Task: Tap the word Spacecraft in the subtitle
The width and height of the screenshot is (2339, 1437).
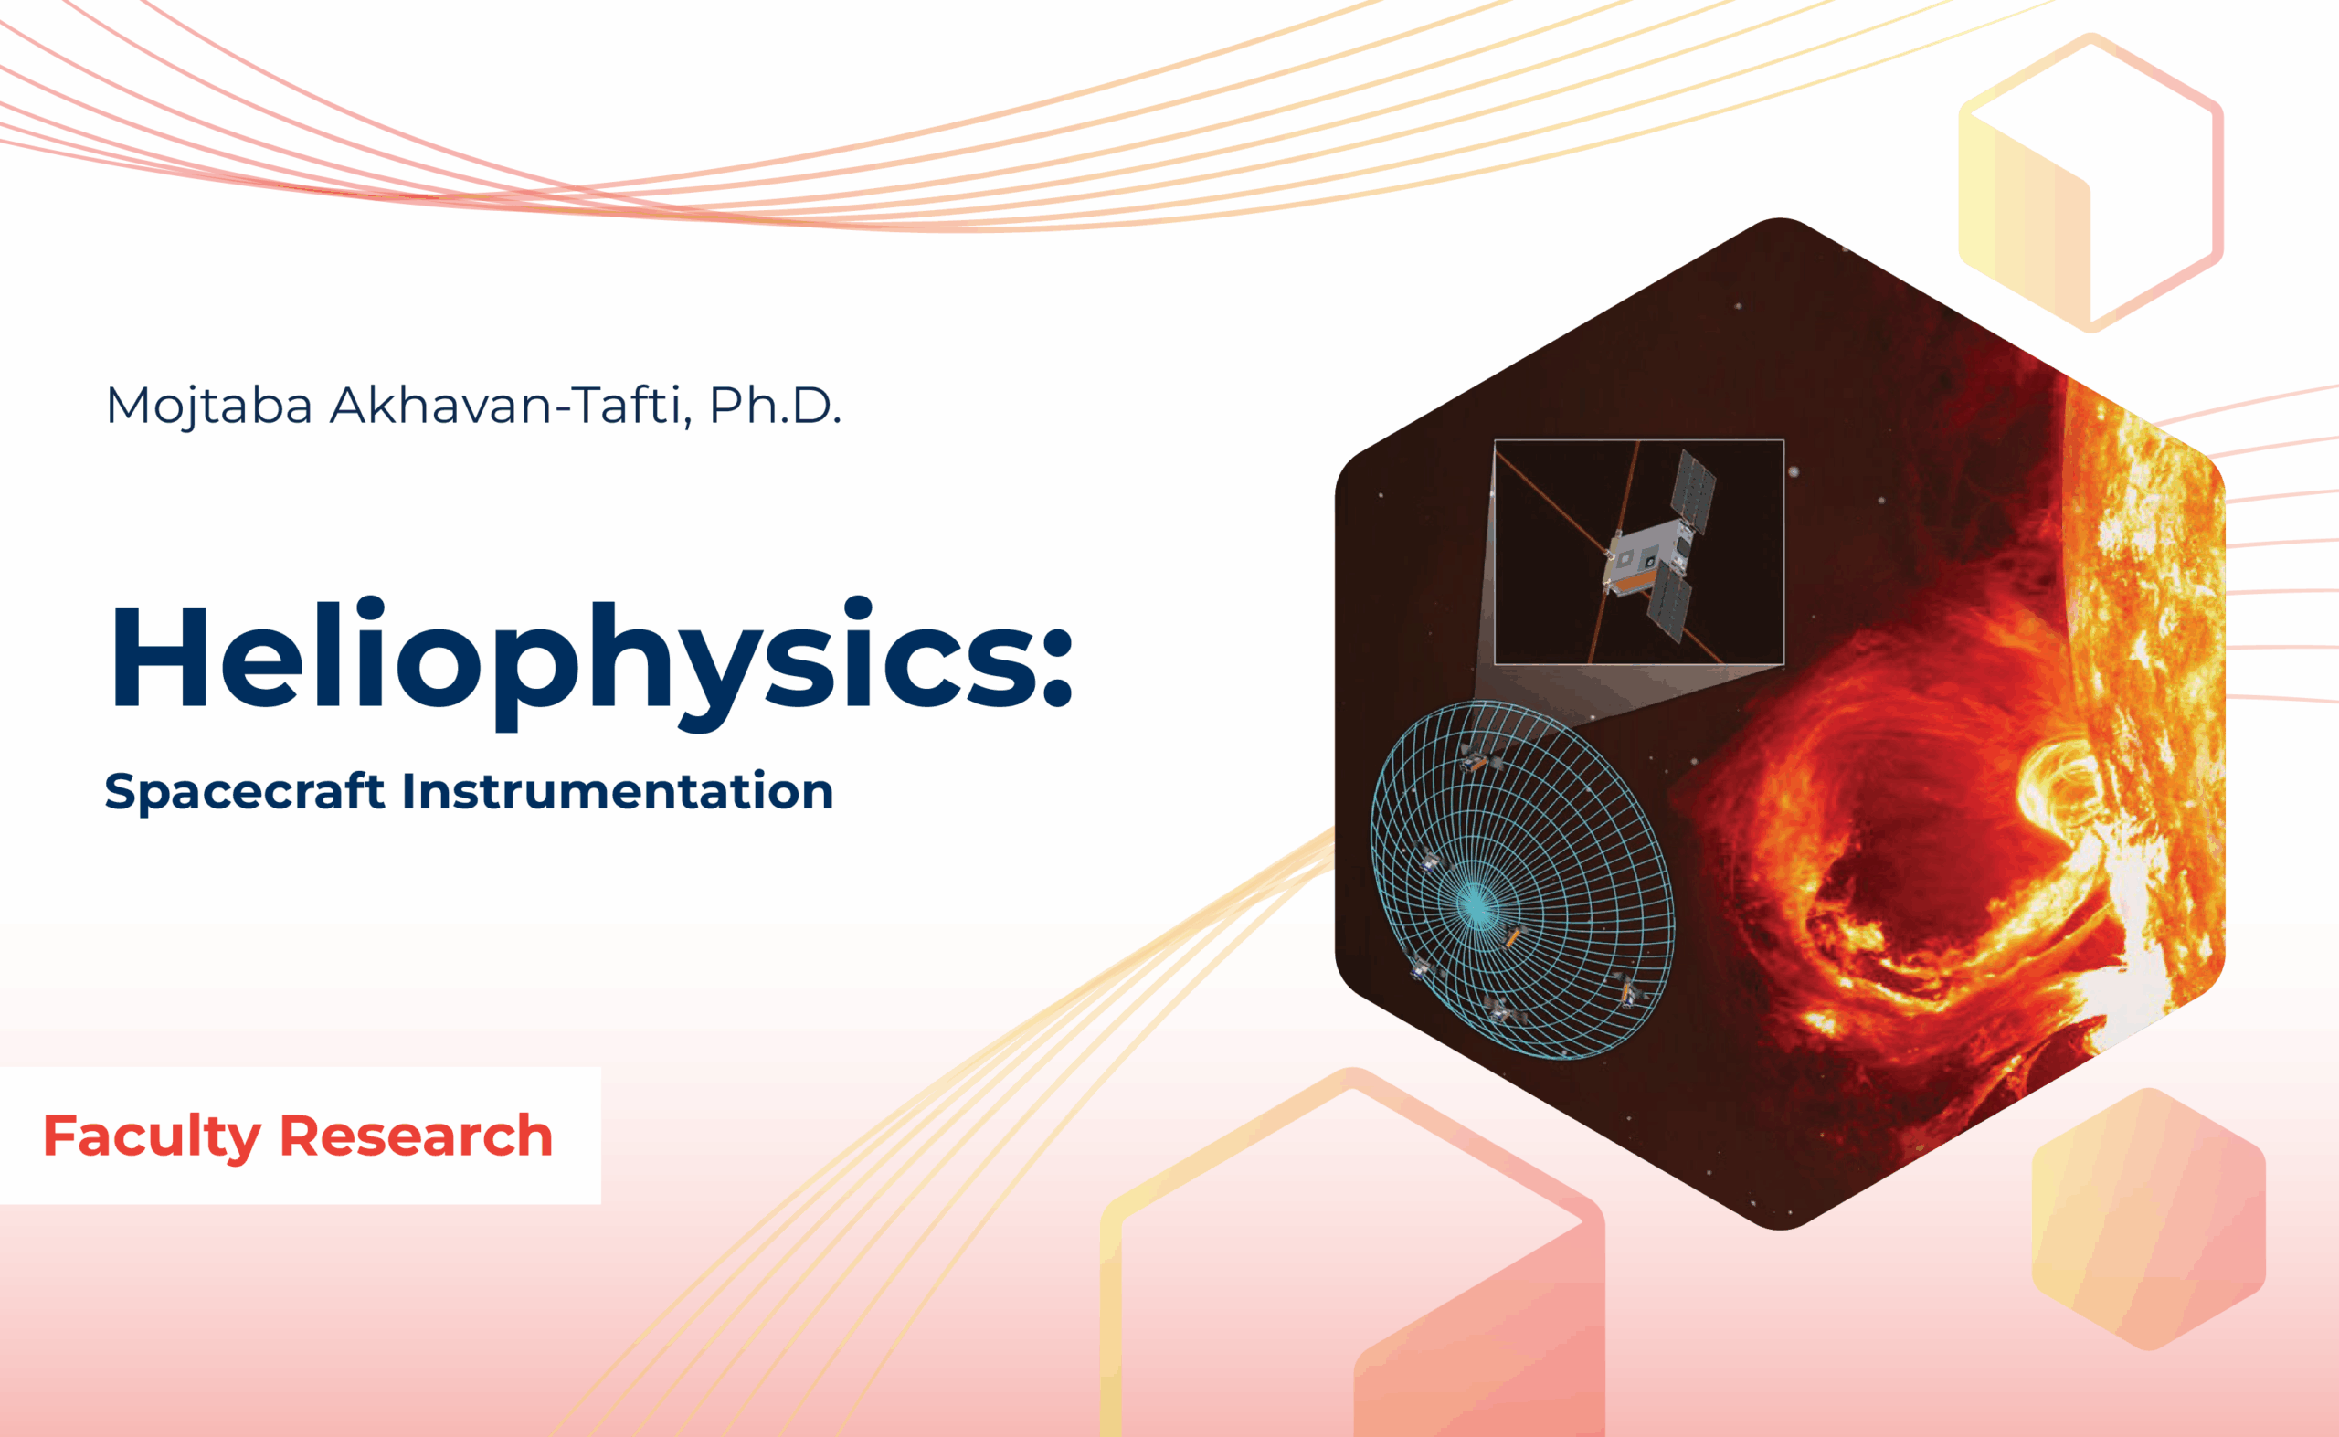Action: (244, 791)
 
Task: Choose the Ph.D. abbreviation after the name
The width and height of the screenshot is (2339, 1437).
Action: (775, 405)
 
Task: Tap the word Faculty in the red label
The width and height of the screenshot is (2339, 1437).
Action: (152, 1137)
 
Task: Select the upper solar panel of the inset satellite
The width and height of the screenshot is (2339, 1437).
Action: (1695, 491)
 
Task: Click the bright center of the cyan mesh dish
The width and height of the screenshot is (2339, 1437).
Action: (1475, 903)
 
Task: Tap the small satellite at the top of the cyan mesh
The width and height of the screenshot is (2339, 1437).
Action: (1474, 759)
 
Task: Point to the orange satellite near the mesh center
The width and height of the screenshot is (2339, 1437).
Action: (1511, 936)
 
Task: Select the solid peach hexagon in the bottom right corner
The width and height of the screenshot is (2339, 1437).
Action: (2149, 1219)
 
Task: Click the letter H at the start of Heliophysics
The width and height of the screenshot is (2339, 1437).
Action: (159, 657)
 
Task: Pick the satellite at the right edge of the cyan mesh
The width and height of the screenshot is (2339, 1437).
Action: (1628, 988)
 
